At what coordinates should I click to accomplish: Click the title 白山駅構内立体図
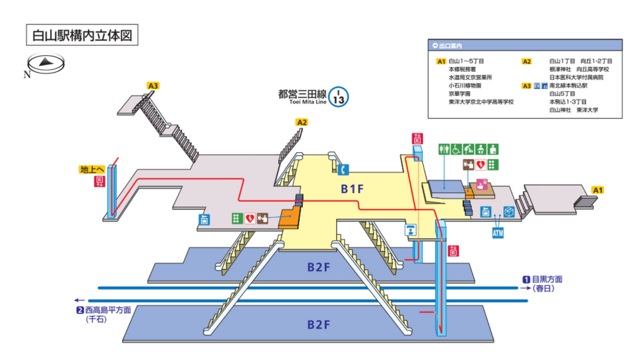(x=81, y=35)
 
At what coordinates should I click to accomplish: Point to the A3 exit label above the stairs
(x=153, y=85)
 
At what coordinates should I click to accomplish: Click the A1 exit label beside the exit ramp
(x=597, y=190)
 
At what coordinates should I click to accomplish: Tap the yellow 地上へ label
(x=92, y=170)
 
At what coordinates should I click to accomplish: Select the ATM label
(x=498, y=232)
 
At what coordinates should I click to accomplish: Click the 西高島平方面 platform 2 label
(x=104, y=311)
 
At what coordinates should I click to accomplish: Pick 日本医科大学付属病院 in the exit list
(x=577, y=77)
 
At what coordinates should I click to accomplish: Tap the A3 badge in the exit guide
(x=526, y=85)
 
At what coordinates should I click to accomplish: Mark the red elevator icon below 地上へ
(x=100, y=182)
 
